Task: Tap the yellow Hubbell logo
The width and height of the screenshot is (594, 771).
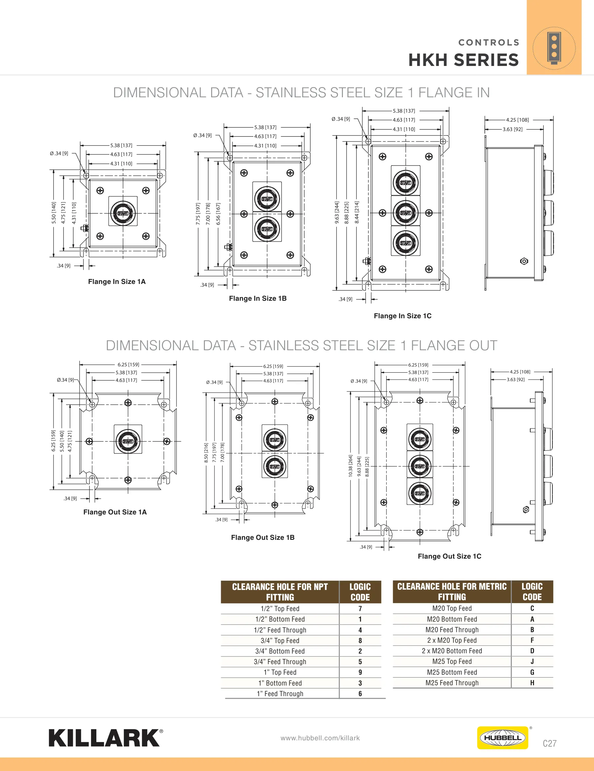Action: point(502,737)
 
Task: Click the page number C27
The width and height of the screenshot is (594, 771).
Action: point(549,743)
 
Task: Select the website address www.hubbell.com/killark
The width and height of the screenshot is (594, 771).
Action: point(320,738)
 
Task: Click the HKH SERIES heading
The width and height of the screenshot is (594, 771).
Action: point(464,60)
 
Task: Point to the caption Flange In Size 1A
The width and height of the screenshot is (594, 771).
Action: point(116,281)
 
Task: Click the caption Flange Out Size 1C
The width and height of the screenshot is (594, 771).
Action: point(449,556)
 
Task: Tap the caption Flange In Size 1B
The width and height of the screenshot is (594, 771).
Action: point(258,298)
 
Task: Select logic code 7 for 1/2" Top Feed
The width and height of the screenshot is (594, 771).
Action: point(360,608)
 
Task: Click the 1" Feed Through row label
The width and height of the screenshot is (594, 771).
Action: point(280,693)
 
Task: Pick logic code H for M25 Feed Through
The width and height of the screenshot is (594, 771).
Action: point(532,682)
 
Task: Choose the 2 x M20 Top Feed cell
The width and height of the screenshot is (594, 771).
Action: point(452,640)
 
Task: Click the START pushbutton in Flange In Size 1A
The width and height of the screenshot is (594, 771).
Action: point(123,213)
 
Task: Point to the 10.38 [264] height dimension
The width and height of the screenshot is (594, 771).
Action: point(350,466)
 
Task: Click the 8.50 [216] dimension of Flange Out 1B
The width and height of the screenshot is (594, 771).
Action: point(206,453)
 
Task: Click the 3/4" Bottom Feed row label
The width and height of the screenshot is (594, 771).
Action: point(280,651)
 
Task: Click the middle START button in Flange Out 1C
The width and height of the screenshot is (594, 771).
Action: point(420,466)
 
